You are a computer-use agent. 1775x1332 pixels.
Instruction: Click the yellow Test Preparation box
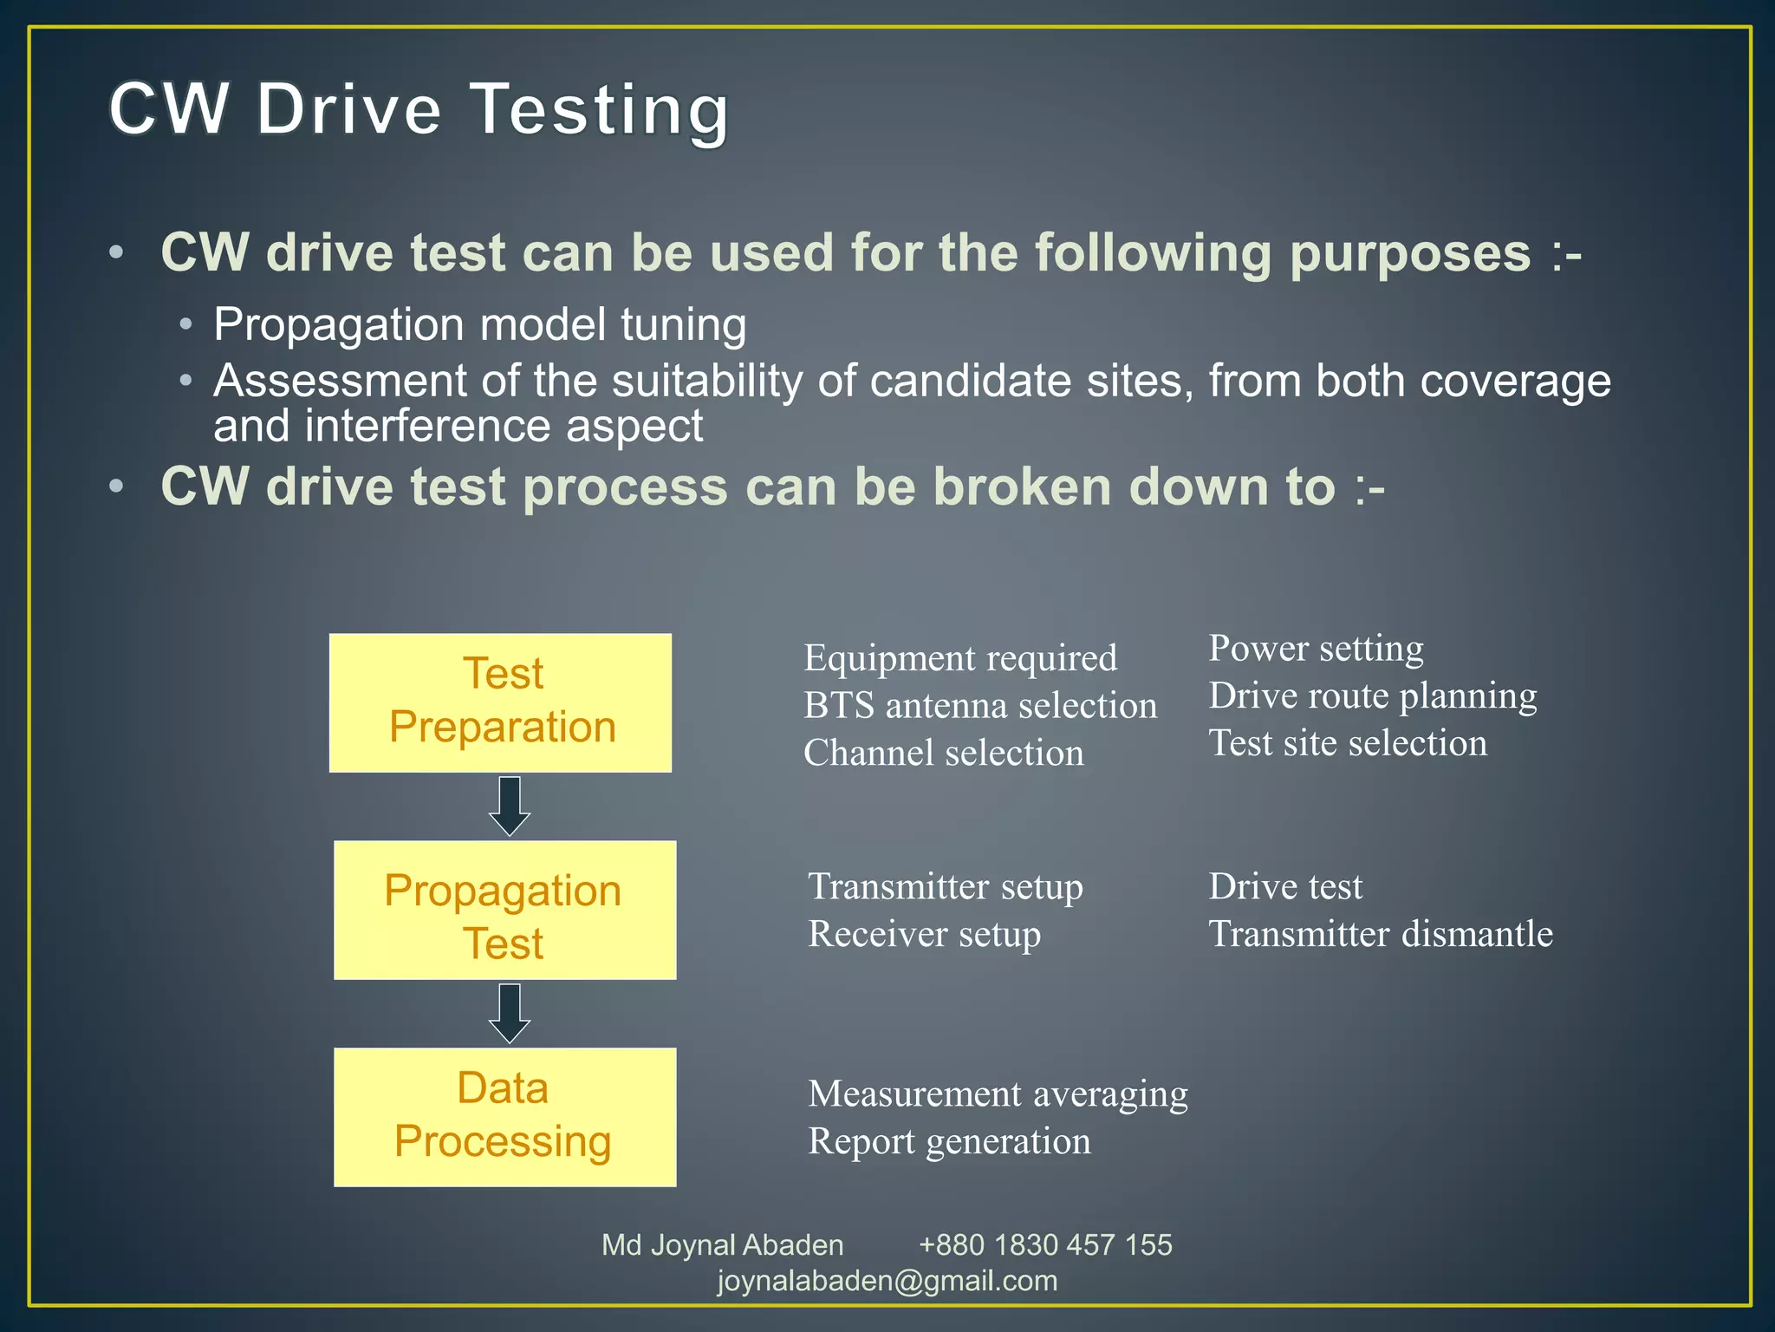tap(500, 702)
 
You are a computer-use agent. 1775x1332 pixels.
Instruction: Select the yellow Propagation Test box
tap(504, 911)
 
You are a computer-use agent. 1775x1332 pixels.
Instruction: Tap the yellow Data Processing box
tap(504, 1117)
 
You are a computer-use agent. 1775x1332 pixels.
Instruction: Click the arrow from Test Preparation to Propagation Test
tap(510, 806)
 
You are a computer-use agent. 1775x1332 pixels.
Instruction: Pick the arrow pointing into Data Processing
tap(510, 1013)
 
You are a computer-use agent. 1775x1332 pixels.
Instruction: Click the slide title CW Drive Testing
tap(419, 110)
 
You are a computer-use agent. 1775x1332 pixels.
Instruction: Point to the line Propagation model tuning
tap(480, 325)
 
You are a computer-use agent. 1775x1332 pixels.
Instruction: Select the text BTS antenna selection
tap(979, 706)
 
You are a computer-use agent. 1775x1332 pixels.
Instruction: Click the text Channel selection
tap(943, 753)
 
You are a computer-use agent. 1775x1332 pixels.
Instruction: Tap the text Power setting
tap(1315, 649)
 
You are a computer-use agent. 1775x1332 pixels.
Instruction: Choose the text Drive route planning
tap(1372, 696)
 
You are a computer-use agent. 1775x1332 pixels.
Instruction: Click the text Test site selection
tap(1348, 743)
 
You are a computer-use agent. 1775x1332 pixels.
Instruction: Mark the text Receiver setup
tap(924, 935)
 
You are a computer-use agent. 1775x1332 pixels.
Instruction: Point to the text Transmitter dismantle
tap(1380, 934)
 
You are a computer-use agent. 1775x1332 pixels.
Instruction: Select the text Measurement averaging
tap(997, 1094)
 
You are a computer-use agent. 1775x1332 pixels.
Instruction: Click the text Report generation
tap(949, 1141)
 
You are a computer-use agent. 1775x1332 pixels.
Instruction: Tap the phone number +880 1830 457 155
tap(1044, 1245)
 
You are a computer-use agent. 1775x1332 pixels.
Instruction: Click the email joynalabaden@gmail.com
tap(887, 1281)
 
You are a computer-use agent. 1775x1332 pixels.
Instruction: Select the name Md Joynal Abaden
tap(722, 1245)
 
